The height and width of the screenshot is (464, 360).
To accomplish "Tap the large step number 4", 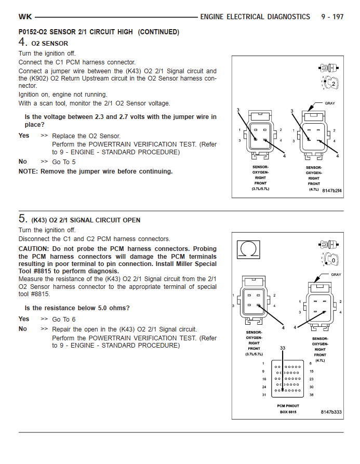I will (22, 43).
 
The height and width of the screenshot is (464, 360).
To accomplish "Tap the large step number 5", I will (22, 219).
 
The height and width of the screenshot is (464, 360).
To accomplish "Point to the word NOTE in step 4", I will (28, 171).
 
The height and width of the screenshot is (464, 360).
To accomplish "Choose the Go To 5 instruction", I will (64, 162).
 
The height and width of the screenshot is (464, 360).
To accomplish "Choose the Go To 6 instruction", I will (64, 320).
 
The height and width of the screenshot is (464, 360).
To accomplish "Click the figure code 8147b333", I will (331, 412).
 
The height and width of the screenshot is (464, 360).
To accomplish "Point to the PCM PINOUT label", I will (288, 406).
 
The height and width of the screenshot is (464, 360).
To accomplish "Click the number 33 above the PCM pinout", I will (282, 349).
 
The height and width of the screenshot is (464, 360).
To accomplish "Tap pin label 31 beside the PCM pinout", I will (264, 395).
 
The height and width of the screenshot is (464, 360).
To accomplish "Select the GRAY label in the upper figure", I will (330, 103).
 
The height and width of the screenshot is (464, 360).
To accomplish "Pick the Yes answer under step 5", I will (24, 319).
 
